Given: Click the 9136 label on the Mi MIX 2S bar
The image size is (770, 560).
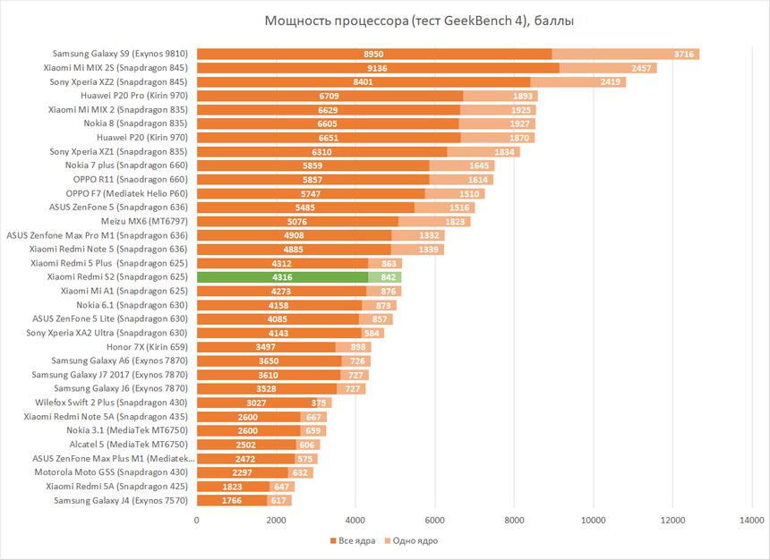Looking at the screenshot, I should (x=376, y=68).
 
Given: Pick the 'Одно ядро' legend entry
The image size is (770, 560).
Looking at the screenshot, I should (x=412, y=540).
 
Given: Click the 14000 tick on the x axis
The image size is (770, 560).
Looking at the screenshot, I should (x=751, y=519).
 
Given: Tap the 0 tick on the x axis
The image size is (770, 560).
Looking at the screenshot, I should (x=197, y=519).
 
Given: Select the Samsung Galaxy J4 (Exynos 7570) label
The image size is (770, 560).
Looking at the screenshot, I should (x=120, y=500).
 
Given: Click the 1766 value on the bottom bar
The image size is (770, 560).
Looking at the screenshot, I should (x=232, y=500).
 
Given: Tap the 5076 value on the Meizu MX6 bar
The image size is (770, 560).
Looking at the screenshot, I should (x=298, y=221).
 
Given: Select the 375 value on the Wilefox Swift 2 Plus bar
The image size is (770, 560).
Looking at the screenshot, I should (x=319, y=403).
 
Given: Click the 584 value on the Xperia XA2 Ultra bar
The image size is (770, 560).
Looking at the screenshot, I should (x=372, y=333).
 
